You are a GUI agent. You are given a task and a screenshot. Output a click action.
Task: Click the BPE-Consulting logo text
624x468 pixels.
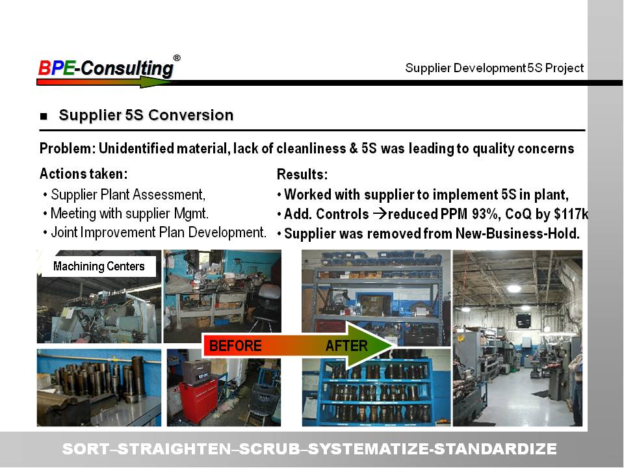click(106, 68)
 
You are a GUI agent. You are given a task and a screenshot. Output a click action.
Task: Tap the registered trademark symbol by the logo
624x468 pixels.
click(177, 58)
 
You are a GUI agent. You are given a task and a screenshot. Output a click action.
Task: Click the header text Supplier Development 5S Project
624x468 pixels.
click(494, 68)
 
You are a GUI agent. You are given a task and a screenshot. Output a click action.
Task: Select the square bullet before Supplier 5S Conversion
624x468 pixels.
click(44, 116)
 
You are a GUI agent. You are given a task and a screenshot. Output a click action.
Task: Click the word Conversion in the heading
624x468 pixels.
click(191, 115)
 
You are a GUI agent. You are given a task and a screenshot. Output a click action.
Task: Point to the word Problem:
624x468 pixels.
click(68, 148)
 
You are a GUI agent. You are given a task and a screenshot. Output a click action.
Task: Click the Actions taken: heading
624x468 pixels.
click(84, 174)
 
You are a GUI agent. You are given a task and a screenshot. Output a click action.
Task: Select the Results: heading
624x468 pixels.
click(302, 174)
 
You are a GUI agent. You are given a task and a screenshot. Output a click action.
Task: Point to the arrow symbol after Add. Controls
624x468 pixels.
click(380, 214)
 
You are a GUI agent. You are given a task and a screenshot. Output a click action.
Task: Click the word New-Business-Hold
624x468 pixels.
click(517, 233)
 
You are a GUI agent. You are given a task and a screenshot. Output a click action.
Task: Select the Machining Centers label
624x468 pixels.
click(99, 266)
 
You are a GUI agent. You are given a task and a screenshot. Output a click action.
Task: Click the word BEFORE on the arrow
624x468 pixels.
click(235, 345)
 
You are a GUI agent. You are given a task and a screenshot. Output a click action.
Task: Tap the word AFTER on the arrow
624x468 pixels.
click(346, 345)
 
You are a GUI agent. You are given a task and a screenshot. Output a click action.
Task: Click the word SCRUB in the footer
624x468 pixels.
click(270, 449)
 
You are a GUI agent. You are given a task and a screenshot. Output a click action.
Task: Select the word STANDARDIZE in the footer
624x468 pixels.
click(495, 449)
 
